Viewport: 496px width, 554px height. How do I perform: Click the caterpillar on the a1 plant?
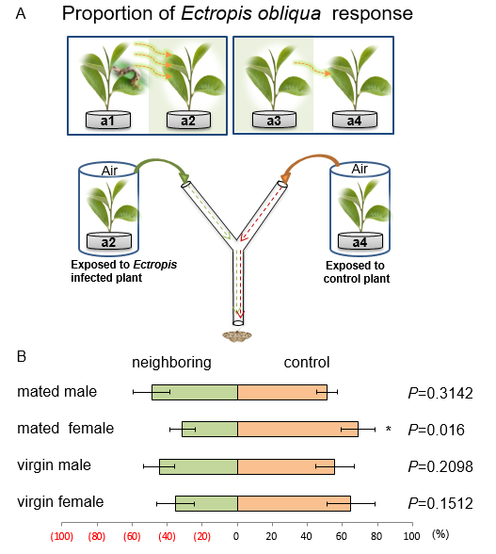(128, 73)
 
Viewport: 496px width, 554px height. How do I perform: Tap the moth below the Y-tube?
(236, 336)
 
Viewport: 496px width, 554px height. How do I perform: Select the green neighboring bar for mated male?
(195, 392)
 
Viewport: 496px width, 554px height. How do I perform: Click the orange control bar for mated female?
(298, 429)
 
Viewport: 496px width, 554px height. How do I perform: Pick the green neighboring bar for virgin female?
(206, 503)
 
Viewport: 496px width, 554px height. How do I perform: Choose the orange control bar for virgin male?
(286, 466)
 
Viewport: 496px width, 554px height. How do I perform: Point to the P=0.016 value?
(437, 430)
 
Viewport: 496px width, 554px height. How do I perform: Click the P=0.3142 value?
(440, 393)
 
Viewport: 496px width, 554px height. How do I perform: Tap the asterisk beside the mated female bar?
(389, 430)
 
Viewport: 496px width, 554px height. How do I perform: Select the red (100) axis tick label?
(62, 536)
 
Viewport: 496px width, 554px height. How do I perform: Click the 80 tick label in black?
(376, 536)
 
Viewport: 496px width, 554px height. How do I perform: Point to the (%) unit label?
(440, 534)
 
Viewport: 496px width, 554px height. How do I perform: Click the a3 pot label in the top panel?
(274, 121)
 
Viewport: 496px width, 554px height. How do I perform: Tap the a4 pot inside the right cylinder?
(360, 241)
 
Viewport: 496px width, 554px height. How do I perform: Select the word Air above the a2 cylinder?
(109, 171)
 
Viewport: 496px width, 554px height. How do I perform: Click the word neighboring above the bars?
(171, 363)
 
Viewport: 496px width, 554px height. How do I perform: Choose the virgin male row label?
(54, 465)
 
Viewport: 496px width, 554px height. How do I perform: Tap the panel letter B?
(22, 356)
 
